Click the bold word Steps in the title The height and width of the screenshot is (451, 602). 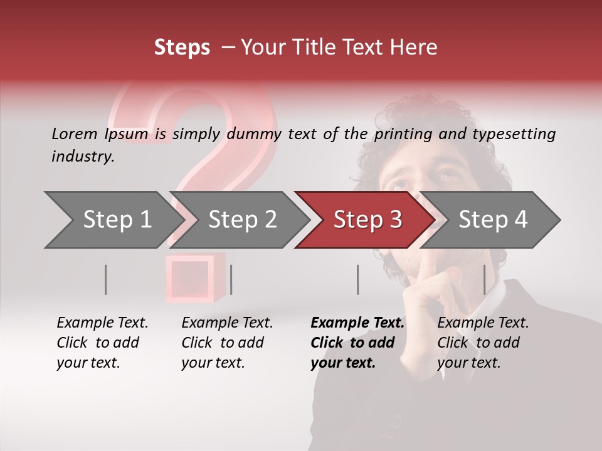click(182, 48)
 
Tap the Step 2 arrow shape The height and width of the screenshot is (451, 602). click(241, 220)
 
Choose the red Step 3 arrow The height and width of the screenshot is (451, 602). click(367, 220)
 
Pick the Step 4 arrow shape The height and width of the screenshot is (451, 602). click(492, 220)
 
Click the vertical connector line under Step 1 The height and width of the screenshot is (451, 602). click(105, 279)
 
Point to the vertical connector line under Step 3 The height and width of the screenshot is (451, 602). click(357, 279)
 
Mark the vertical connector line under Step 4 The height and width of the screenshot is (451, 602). click(484, 279)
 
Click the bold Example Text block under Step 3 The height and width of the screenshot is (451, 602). click(357, 343)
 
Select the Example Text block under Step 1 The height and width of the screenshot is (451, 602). click(102, 343)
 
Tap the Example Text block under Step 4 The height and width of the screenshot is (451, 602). click(483, 343)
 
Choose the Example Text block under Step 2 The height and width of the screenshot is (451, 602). click(227, 343)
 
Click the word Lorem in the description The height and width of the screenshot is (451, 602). click(75, 134)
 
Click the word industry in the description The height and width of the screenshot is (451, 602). click(82, 157)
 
